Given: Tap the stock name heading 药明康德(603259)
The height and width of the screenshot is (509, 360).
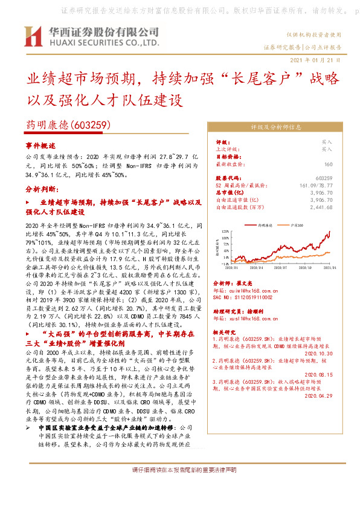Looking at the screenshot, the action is (x=67, y=125).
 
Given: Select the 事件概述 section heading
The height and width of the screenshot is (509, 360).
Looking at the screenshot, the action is (x=40, y=146).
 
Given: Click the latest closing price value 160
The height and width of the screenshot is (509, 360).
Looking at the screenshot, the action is (x=328, y=164).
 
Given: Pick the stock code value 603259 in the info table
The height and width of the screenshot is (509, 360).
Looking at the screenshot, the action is (x=324, y=178).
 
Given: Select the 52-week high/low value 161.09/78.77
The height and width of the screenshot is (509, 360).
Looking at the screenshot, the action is (x=317, y=184).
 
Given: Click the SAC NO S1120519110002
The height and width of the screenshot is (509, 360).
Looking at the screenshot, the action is (x=243, y=297).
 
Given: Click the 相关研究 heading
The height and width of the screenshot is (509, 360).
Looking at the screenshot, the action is (x=227, y=332).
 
